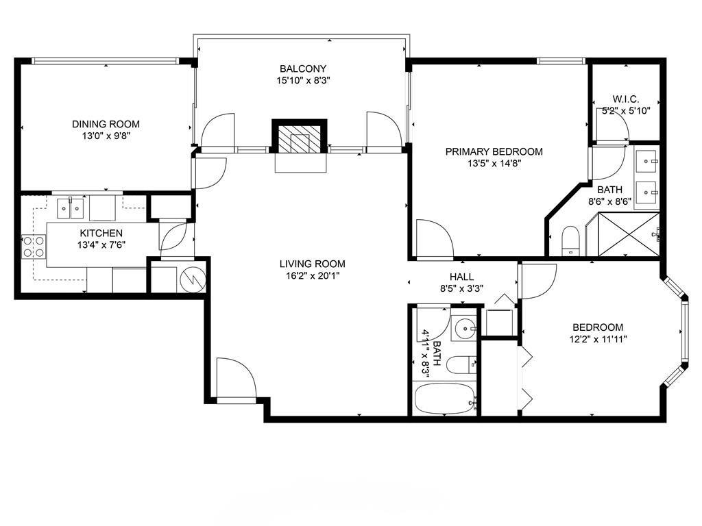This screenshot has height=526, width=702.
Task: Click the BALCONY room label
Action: coord(302,69)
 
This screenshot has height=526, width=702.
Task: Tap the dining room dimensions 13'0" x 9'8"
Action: coord(106,136)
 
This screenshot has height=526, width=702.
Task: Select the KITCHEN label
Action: coord(101,234)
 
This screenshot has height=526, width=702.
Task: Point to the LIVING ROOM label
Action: coord(313,264)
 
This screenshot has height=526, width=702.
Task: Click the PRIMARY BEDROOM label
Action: coord(494,151)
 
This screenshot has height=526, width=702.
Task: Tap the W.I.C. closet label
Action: coord(625,99)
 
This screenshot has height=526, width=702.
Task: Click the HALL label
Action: coord(461,277)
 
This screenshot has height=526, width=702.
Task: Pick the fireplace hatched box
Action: coord(300,137)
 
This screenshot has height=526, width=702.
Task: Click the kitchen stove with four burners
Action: coord(34,247)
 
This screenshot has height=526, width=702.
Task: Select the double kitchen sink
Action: coord(71,208)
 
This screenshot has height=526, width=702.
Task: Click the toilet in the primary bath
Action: coord(570,240)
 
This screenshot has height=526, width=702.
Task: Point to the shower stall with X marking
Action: coord(628,235)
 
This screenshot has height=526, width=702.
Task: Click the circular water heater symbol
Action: coord(193,280)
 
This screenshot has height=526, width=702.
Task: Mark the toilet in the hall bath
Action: coord(461,364)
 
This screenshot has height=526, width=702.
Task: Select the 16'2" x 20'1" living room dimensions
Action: coord(313,276)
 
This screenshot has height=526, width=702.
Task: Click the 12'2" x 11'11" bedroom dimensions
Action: coord(598,339)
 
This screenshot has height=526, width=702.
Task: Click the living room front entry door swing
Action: coord(236,377)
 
